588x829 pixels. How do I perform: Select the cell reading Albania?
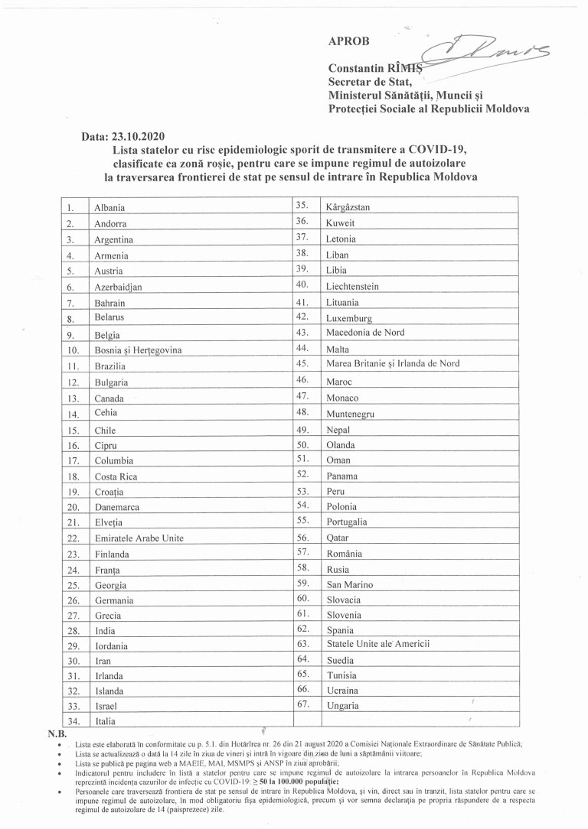[109, 207]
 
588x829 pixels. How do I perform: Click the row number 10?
[74, 349]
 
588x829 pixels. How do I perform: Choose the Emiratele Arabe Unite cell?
[139, 538]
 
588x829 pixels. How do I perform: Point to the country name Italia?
[105, 720]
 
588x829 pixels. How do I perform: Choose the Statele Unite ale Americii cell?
[378, 644]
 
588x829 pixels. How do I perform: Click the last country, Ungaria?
[342, 705]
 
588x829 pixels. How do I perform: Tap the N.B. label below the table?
[58, 734]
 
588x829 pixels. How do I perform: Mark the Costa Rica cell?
[115, 476]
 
